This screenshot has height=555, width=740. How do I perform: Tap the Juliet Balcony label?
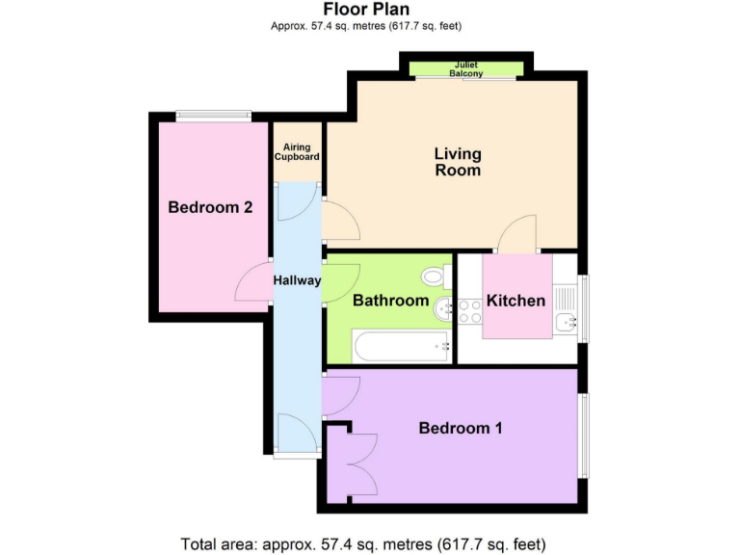(x=466, y=68)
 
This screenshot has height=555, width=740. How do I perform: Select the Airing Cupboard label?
(x=296, y=151)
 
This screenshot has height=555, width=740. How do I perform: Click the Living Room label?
(x=457, y=162)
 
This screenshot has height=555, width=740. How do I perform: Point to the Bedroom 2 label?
(x=210, y=207)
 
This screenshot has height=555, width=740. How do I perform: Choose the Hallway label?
(x=297, y=279)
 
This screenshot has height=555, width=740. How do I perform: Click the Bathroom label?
(x=390, y=301)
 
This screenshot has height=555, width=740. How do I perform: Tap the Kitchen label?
(x=515, y=301)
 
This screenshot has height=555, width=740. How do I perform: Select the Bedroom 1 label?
(x=461, y=428)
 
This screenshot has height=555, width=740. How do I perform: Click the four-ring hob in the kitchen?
(x=470, y=310)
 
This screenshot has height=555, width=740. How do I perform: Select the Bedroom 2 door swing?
(x=253, y=282)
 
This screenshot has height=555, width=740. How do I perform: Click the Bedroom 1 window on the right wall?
(x=583, y=434)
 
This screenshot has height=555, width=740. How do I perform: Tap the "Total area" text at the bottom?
(x=370, y=543)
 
